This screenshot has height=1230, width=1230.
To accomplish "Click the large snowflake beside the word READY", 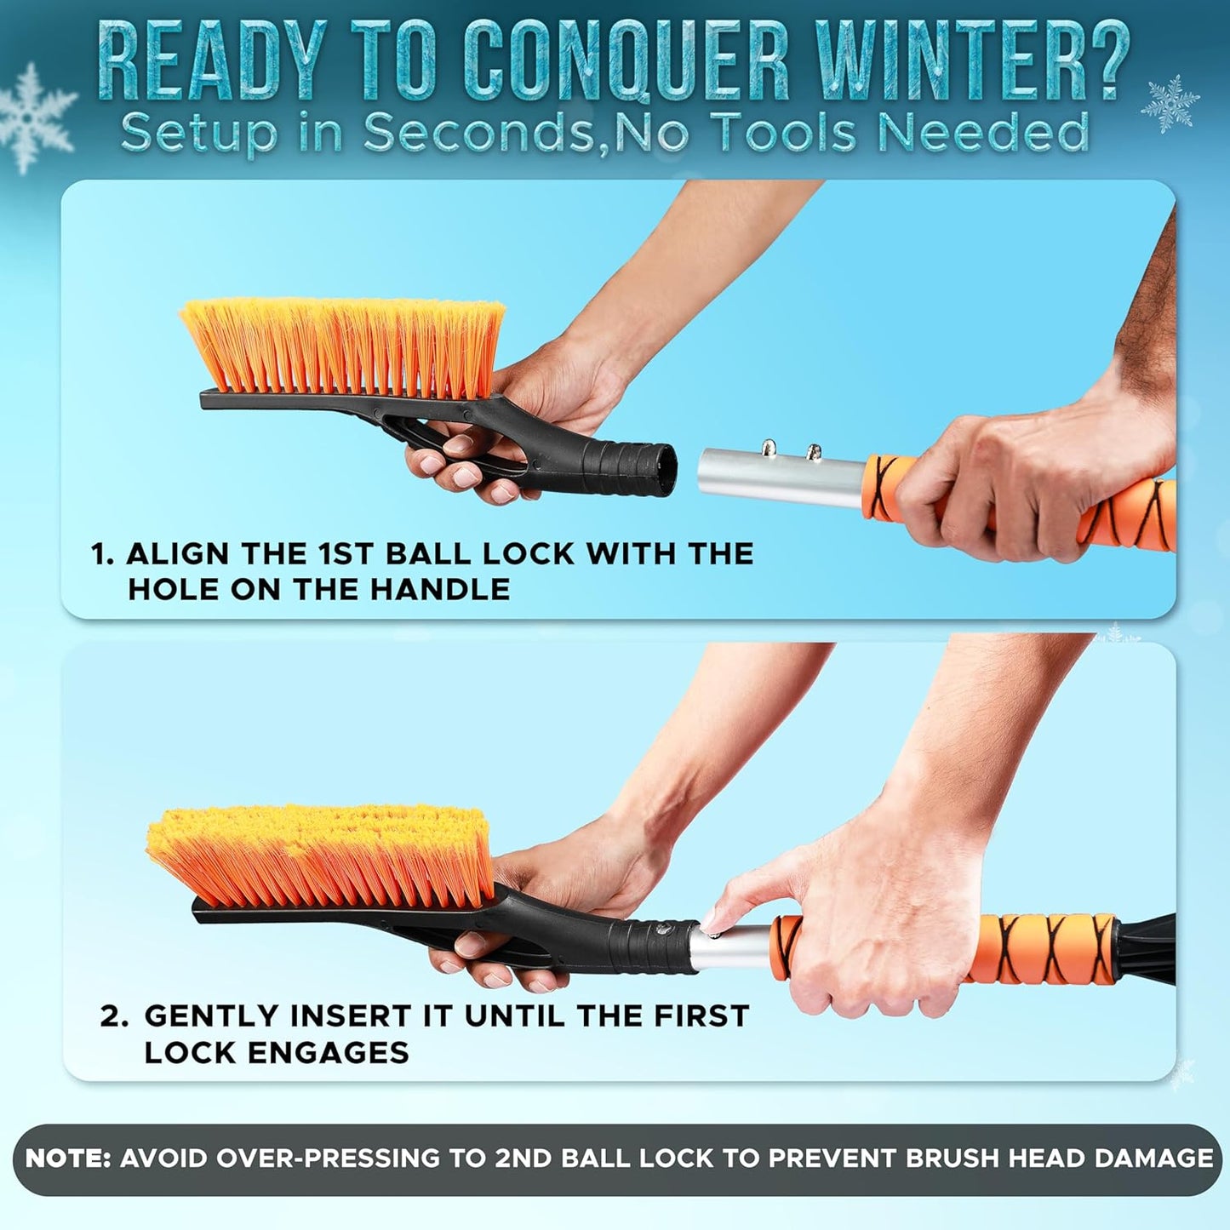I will (x=34, y=117).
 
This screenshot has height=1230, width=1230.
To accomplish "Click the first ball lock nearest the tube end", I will (x=769, y=446).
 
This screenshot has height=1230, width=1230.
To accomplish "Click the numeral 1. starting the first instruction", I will (x=102, y=554).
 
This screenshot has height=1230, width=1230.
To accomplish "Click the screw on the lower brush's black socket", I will (x=665, y=930).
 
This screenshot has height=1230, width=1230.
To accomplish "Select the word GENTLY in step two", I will (x=211, y=1016).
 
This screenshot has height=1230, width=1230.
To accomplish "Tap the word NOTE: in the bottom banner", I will (x=68, y=1158).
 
